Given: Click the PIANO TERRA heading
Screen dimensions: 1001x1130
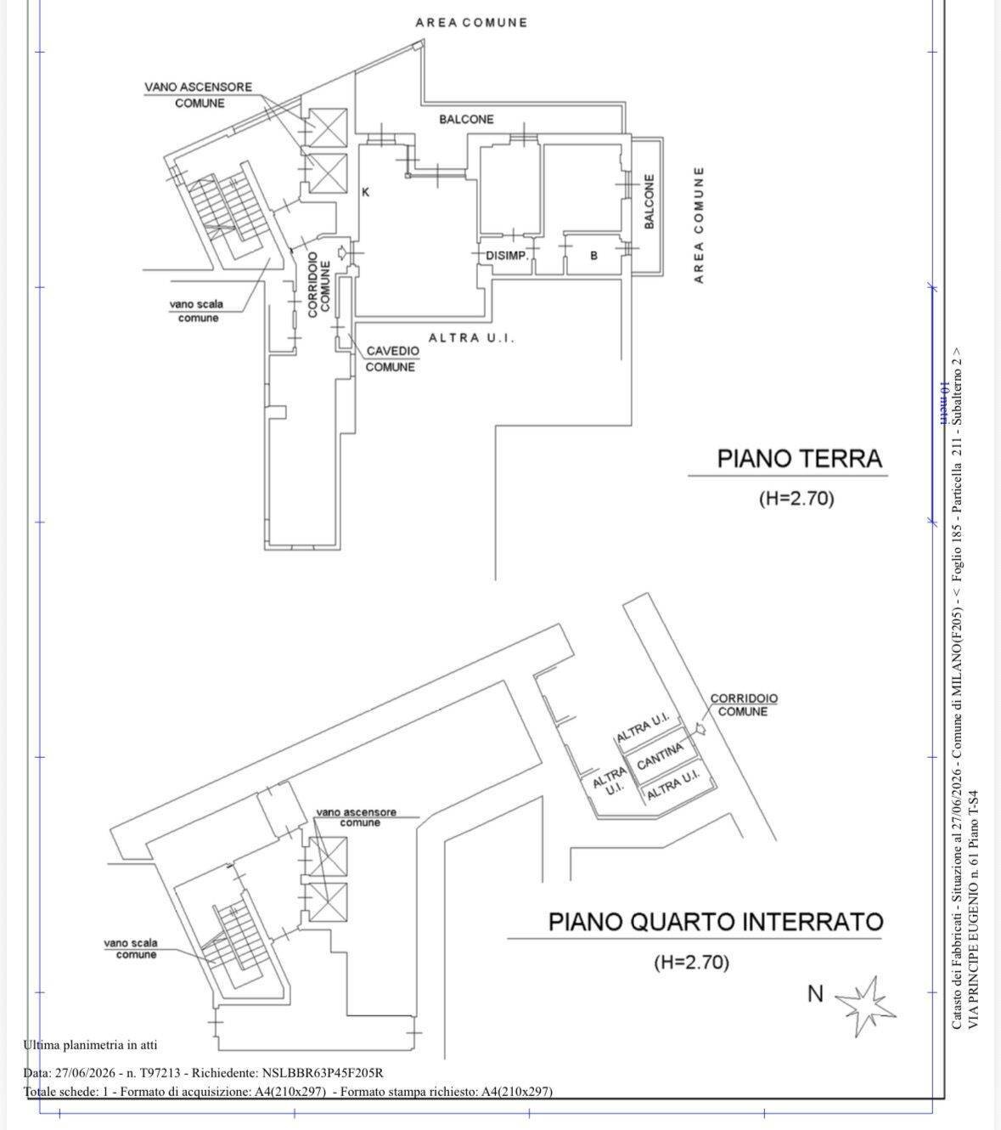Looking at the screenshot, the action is point(799,459).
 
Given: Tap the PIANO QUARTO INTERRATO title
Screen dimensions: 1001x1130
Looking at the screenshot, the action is point(717,921).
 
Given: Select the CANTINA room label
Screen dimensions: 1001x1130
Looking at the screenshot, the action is point(660,756).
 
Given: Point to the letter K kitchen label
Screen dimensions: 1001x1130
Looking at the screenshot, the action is point(366,192).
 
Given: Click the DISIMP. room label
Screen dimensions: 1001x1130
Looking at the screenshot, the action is point(507,256).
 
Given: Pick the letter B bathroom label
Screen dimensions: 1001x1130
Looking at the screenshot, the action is point(593,256).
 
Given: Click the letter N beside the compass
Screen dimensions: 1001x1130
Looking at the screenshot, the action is point(815,993).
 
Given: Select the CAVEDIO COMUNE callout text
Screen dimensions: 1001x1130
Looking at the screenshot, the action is point(391,359).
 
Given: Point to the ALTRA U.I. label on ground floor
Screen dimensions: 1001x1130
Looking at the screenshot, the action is point(471,337).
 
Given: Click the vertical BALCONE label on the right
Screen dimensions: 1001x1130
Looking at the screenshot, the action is point(649,201).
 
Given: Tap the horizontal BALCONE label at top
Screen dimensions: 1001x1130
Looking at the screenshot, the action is point(466,119).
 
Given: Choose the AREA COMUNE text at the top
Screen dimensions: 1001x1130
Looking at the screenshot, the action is point(471,22).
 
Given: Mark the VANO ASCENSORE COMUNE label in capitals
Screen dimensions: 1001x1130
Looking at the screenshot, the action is point(199,95).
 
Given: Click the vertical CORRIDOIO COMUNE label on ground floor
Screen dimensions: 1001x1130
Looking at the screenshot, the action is point(318,285).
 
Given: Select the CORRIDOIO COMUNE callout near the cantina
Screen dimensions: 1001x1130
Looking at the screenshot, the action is point(744,704).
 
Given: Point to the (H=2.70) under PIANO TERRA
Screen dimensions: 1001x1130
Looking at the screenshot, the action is point(796,498).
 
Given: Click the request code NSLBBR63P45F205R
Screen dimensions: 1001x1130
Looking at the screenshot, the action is point(323,1072).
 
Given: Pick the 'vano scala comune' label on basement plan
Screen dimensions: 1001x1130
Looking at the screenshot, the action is point(131,948).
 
